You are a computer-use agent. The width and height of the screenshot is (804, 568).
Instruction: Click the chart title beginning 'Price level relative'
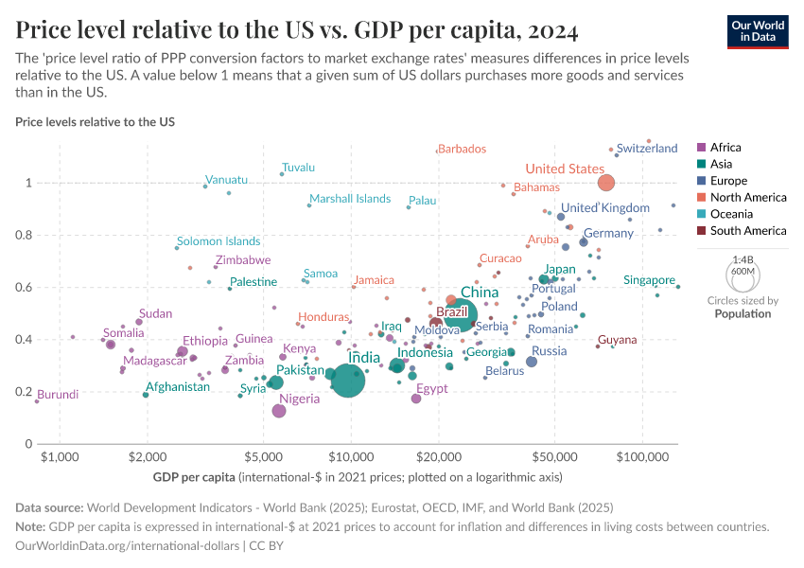tap(297, 29)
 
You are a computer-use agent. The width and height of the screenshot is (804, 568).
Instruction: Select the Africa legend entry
tap(725, 147)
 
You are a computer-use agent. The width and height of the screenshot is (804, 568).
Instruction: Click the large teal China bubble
tap(461, 315)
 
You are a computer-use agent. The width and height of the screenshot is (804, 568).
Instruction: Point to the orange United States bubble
tap(606, 183)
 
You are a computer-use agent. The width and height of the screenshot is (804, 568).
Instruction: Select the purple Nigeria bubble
tap(279, 411)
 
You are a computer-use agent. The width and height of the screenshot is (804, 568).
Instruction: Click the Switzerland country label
tap(647, 149)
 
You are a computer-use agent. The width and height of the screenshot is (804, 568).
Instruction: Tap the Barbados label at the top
tap(463, 149)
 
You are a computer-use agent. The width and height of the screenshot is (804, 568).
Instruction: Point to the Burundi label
tap(58, 394)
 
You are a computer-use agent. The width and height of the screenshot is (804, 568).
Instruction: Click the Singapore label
tap(650, 280)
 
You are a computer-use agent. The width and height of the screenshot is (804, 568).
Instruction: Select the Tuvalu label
tap(298, 168)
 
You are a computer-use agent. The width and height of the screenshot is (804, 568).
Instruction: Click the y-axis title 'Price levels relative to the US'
tap(95, 122)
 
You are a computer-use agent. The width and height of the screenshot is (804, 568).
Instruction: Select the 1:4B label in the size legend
tap(743, 259)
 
